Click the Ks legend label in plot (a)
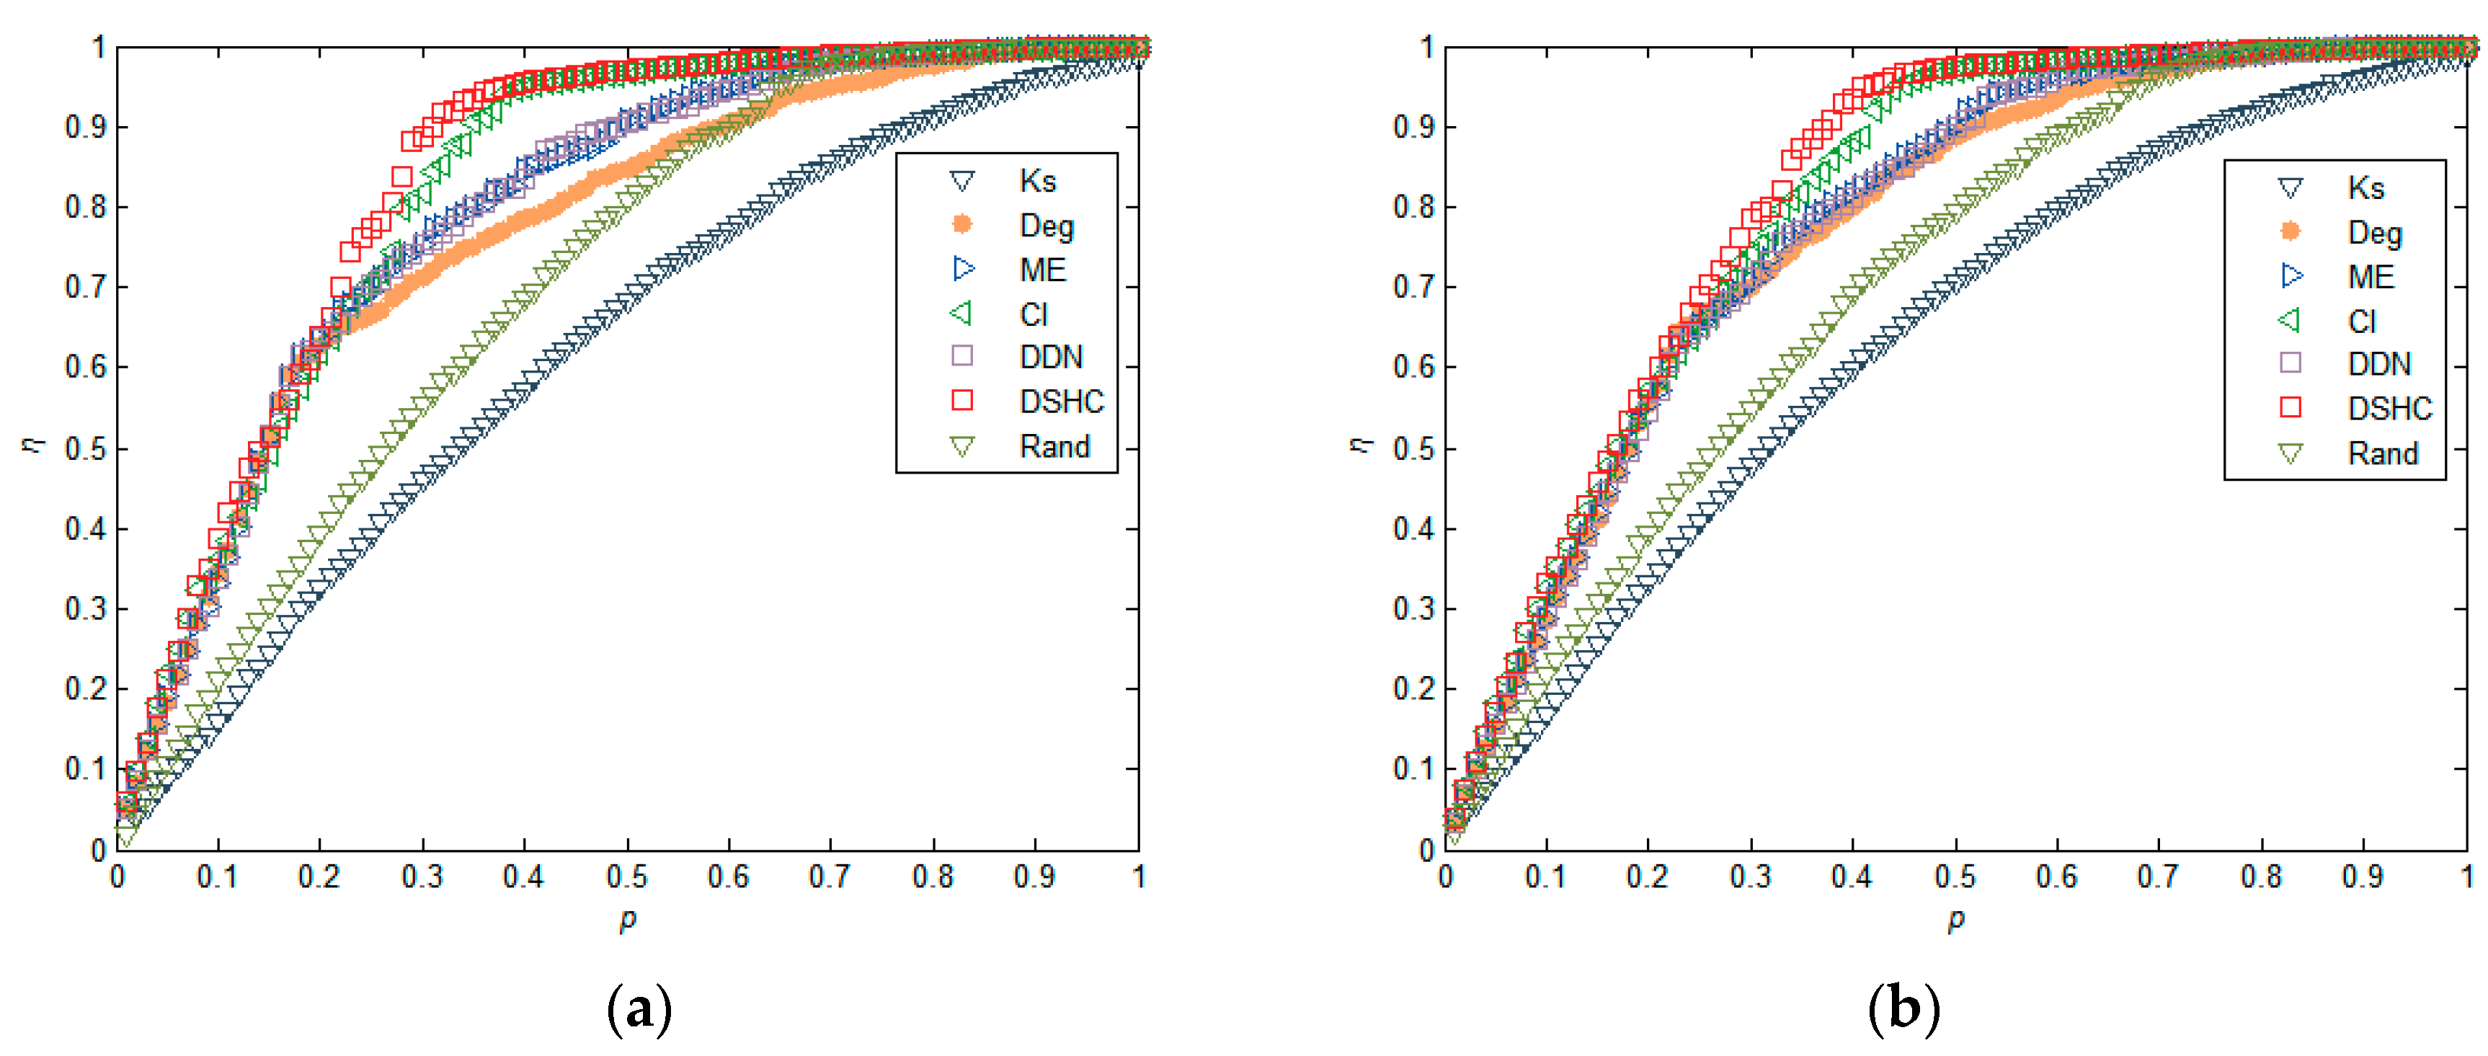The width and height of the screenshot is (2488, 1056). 1037,181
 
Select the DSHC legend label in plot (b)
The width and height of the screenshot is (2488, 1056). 2389,409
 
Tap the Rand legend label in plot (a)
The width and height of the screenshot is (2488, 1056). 1054,446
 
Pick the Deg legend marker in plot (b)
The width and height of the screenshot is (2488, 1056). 2290,231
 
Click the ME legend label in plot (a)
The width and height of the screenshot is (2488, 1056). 1042,270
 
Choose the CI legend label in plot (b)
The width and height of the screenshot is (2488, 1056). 2361,321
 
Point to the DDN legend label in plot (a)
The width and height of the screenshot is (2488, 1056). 1051,357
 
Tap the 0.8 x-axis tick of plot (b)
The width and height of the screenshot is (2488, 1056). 2261,877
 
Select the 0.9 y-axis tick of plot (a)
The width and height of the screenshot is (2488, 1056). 85,127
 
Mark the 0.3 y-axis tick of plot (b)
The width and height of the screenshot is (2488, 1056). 1414,608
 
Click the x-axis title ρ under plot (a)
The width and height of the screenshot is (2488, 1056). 628,920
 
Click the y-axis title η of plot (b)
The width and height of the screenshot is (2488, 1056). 1361,443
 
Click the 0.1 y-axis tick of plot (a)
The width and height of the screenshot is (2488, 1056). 85,769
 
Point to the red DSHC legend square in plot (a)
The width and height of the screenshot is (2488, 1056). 962,400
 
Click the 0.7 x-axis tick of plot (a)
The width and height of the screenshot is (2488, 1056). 830,877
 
